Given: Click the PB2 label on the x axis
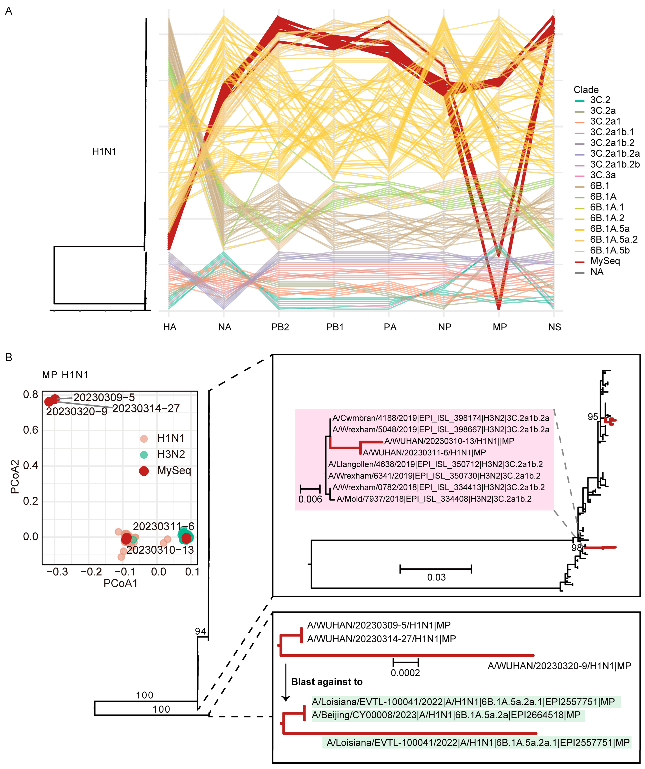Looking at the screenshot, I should (x=280, y=327).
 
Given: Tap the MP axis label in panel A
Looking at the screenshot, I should (x=500, y=327).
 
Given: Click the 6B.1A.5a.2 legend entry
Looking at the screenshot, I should (x=614, y=240).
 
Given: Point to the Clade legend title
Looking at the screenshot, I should (x=586, y=90).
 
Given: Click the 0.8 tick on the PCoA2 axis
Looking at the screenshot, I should (x=30, y=394).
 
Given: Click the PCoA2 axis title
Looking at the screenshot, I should (x=15, y=477).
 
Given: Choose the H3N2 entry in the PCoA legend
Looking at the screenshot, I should (x=171, y=455).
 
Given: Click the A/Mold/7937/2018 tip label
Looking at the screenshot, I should (x=434, y=499).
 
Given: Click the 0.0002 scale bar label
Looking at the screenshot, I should (x=405, y=673).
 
